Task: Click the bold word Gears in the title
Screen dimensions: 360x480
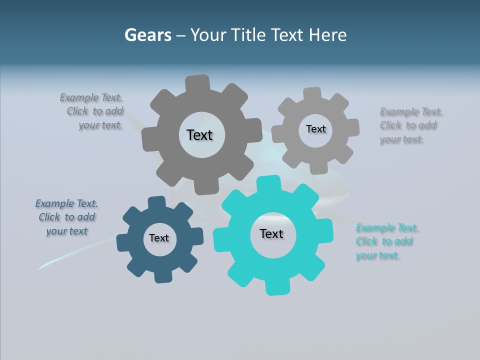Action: [x=148, y=35]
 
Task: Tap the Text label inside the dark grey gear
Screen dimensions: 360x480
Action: [x=199, y=135]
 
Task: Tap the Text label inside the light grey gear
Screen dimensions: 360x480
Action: [x=315, y=129]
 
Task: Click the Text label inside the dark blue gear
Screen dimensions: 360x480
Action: [x=159, y=238]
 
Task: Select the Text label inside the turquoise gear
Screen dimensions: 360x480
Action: [x=271, y=234]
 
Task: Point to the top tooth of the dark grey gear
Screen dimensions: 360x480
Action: [x=197, y=83]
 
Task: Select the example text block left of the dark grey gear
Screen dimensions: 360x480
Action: [x=92, y=111]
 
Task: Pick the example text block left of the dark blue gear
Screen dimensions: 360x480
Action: [x=66, y=217]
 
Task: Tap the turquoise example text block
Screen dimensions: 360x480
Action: [x=386, y=242]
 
